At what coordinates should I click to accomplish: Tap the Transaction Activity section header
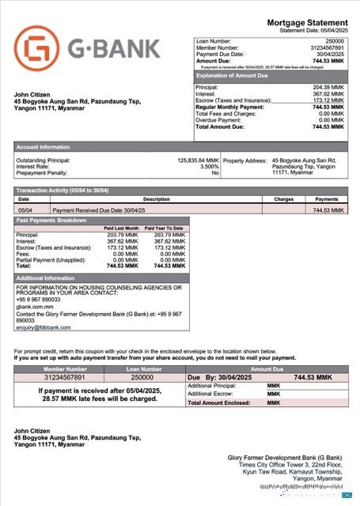(63, 191)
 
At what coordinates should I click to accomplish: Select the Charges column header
(284, 199)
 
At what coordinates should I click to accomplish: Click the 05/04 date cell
(24, 210)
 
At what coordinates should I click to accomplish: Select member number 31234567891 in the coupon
(65, 378)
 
